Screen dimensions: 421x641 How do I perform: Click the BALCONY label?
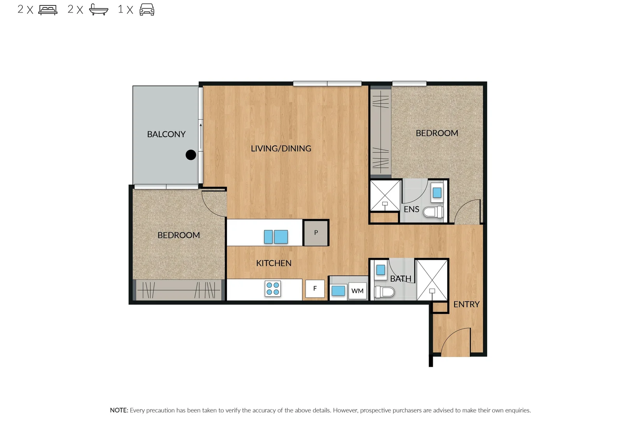click(166, 134)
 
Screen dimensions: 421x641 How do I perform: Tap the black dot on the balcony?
click(191, 155)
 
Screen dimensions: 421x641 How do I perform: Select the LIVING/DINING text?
click(281, 149)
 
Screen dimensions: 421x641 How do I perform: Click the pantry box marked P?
click(316, 233)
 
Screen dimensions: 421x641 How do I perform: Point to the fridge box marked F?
click(315, 289)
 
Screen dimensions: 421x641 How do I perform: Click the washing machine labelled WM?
click(357, 291)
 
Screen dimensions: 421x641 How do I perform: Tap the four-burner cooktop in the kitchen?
click(273, 289)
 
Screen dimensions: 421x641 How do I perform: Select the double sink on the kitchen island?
click(276, 237)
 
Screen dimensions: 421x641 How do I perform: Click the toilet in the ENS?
click(433, 212)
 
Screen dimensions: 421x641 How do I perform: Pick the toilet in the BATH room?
click(385, 292)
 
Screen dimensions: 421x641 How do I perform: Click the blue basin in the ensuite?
click(437, 193)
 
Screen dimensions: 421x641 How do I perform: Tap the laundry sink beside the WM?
click(338, 290)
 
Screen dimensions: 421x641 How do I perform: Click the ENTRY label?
click(466, 304)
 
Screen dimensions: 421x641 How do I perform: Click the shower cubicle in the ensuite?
click(385, 195)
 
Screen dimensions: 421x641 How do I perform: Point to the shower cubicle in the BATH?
click(432, 280)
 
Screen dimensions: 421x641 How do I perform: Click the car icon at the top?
click(147, 9)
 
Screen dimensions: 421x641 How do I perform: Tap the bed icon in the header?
click(48, 9)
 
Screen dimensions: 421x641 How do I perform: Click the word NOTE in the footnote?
click(119, 410)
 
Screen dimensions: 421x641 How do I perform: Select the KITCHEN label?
click(274, 263)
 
